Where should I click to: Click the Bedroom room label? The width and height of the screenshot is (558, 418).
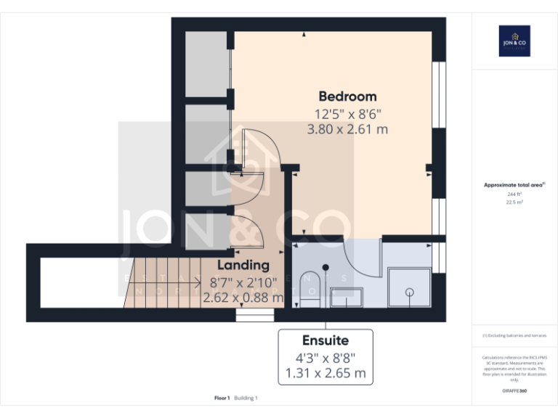347,97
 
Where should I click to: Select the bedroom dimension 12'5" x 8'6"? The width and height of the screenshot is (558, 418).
347,114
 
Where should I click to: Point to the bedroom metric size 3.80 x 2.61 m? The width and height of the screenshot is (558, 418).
347,130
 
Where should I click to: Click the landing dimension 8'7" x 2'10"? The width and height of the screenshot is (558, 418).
243,282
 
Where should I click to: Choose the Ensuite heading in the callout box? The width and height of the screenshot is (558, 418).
325,340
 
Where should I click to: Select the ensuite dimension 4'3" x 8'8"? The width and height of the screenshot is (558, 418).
325,357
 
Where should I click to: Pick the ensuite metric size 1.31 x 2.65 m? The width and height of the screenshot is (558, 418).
325,374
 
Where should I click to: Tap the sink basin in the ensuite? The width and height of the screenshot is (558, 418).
347,295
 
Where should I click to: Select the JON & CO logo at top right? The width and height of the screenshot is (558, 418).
514,41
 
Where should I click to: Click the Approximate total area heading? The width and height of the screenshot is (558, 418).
514,185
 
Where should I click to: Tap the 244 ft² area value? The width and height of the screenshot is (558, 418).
514,194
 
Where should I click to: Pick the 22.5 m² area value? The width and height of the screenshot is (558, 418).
514,203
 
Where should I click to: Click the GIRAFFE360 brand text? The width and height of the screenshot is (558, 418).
514,391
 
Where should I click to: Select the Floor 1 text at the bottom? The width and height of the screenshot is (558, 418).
222,398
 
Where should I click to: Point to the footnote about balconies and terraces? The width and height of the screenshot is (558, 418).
514,335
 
